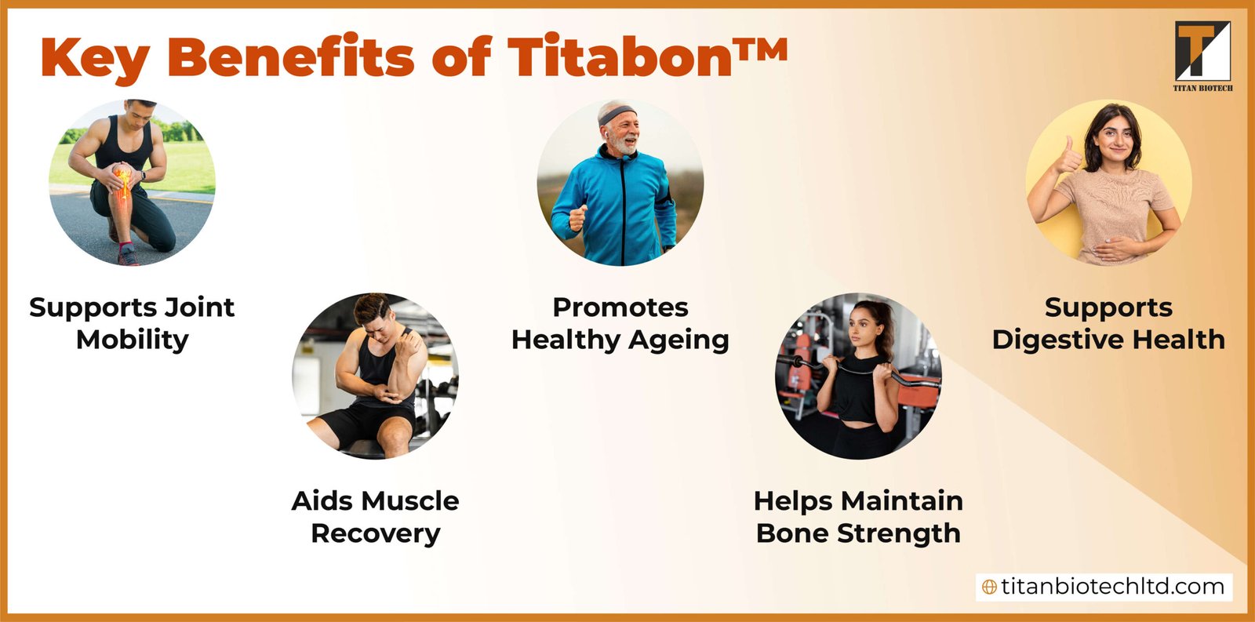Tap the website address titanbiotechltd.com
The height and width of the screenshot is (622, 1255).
[1112, 587]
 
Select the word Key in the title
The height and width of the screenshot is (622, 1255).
[94, 60]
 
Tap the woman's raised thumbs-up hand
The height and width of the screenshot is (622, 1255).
[1066, 158]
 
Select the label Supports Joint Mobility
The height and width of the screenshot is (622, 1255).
[132, 323]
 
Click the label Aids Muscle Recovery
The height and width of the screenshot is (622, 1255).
[375, 517]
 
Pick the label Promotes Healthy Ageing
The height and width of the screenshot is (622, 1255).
[620, 323]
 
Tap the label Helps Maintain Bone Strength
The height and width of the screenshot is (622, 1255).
[858, 517]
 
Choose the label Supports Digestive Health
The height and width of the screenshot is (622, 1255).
[1108, 323]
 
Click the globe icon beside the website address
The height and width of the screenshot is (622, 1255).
[990, 587]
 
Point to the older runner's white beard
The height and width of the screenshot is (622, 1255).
[624, 146]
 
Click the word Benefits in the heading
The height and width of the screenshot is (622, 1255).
[290, 57]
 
